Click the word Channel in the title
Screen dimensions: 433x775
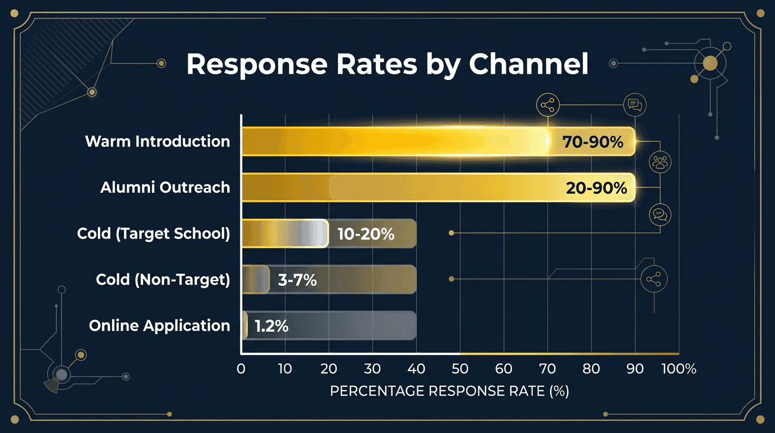[x=528, y=64]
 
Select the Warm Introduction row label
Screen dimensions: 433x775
[x=157, y=141]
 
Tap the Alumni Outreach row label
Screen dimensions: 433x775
[x=165, y=187]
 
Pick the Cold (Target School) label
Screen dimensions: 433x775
[x=153, y=233]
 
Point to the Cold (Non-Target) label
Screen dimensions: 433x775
[x=163, y=280]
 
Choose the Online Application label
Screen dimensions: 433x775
[x=159, y=325]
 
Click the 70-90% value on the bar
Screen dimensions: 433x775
[x=593, y=142]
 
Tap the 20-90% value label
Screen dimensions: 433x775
[x=596, y=188]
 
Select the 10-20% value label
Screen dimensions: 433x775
[x=366, y=234]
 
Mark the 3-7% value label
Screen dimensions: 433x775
[x=297, y=280]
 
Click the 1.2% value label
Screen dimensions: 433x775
[x=271, y=326]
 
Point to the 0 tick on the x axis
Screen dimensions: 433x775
[x=241, y=369]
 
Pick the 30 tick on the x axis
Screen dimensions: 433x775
[x=372, y=369]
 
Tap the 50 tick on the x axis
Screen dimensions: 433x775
[x=460, y=369]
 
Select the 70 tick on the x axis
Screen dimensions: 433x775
[x=547, y=369]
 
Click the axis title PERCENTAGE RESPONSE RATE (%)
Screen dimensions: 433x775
[x=449, y=391]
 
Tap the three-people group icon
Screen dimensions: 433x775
[x=660, y=162]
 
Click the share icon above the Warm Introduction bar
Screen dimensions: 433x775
[x=547, y=105]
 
